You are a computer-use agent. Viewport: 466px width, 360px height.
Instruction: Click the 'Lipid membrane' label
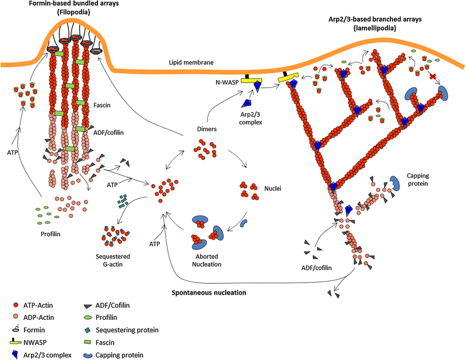point(189,62)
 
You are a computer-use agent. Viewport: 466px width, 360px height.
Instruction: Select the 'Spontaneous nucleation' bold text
point(209,292)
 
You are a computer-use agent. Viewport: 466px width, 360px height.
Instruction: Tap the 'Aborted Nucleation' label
point(205,260)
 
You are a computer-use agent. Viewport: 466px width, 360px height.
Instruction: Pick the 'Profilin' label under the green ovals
point(51,234)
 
